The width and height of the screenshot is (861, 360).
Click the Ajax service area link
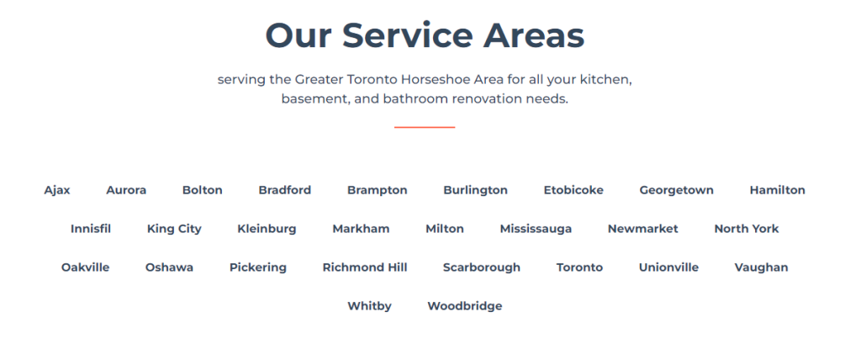57,190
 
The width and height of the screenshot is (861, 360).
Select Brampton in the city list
377,190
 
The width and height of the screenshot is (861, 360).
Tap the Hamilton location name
777,190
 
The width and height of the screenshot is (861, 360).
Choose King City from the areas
174,229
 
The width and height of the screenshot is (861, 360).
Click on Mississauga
536,229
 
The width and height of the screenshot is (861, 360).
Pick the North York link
746,229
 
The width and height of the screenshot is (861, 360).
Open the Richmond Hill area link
365,267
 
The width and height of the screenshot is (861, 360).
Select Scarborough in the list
481,267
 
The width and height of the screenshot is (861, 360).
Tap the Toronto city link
579,267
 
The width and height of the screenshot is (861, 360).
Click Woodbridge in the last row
464,306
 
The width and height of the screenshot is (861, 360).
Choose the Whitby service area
369,306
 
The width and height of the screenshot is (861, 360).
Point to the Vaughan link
761,267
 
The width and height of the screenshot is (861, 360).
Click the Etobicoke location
573,190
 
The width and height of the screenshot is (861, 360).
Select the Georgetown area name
676,190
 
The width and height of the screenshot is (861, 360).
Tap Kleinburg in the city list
267,229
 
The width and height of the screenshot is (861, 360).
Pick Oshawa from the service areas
169,267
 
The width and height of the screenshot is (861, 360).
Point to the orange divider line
425,127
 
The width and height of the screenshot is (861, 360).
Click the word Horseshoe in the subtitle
443,80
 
